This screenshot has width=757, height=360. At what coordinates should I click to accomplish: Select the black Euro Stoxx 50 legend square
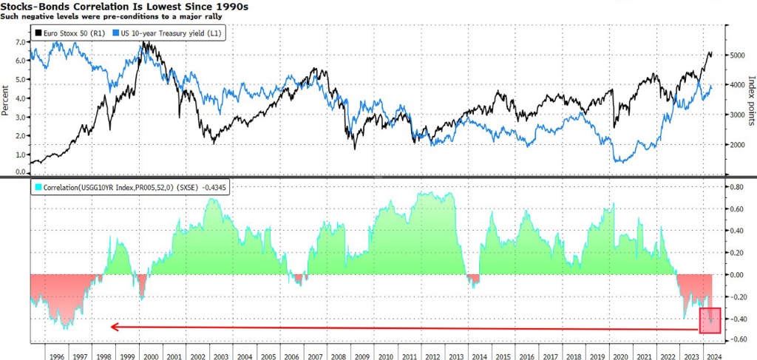click(38, 33)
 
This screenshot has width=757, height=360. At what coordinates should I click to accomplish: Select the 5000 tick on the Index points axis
click(739, 55)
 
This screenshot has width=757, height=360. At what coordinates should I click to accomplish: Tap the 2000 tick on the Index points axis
click(739, 145)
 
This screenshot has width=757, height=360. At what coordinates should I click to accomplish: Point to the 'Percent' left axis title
click(7, 100)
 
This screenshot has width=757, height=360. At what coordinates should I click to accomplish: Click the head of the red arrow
click(112, 326)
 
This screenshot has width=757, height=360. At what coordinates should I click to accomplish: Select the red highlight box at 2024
click(709, 320)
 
